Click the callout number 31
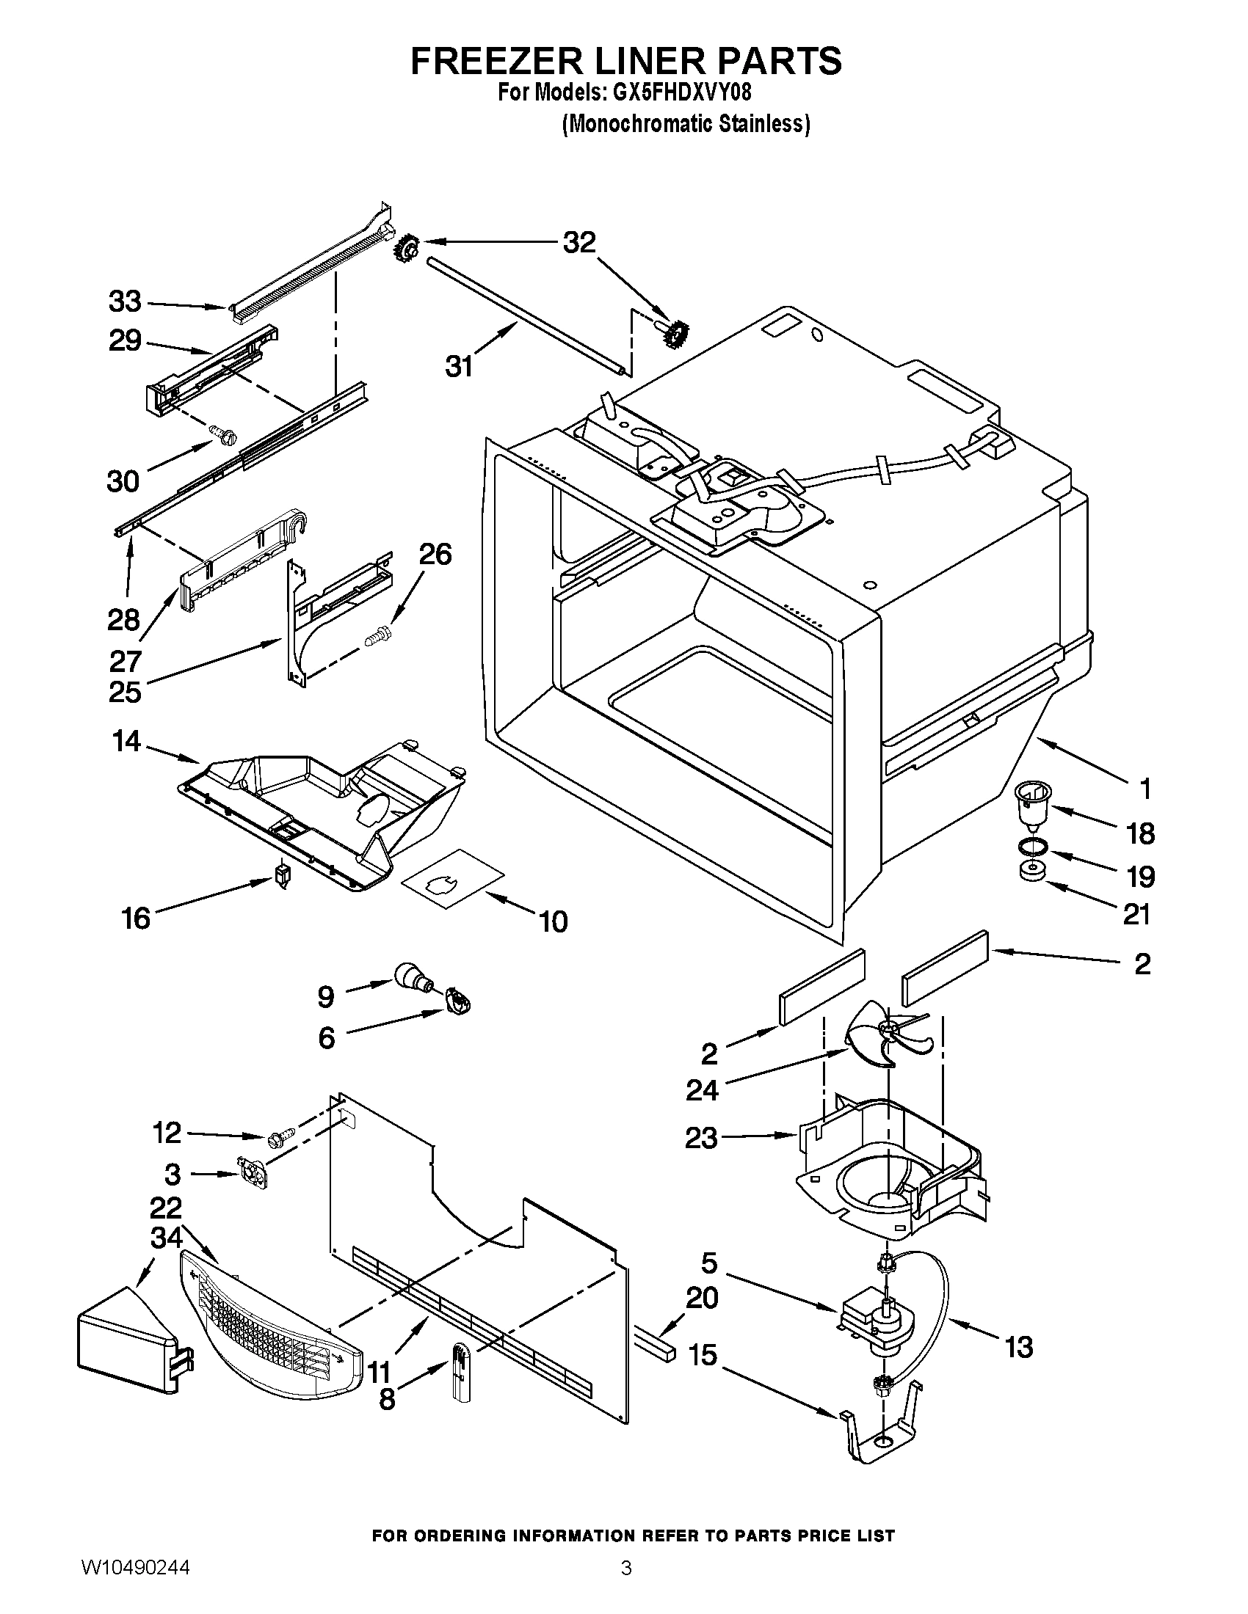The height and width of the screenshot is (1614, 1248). (x=459, y=367)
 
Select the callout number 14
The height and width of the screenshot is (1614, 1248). (x=126, y=741)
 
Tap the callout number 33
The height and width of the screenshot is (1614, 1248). (x=125, y=302)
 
